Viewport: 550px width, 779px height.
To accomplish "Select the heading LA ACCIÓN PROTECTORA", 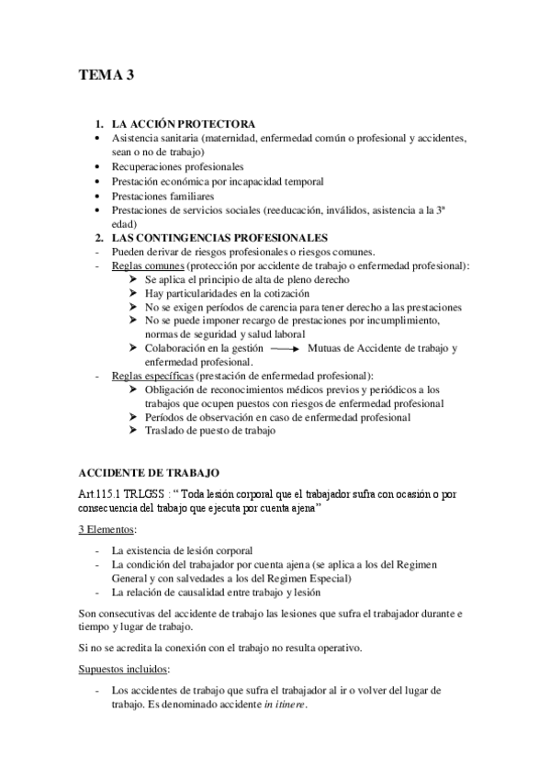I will [x=184, y=124].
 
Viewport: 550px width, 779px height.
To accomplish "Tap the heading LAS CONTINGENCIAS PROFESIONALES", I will [x=219, y=237].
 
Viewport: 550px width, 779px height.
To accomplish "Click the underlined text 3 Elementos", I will [x=106, y=530].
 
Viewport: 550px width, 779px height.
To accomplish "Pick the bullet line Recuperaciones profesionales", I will [x=177, y=167].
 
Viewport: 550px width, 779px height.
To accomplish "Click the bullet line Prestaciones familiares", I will [x=163, y=196].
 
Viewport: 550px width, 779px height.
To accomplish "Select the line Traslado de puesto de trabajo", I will [x=210, y=431].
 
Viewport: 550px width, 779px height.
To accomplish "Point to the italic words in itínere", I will [x=285, y=705].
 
